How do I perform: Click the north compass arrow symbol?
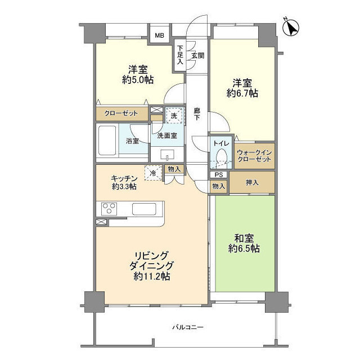[x=292, y=26]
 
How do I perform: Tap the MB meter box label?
[x=160, y=36]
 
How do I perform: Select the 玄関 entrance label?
[x=197, y=56]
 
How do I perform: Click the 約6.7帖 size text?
[x=242, y=93]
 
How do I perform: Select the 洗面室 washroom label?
[x=167, y=136]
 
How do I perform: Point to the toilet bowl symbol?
[x=221, y=157]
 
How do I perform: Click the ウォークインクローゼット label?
[x=255, y=156]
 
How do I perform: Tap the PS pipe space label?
[x=218, y=174]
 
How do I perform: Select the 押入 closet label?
[x=252, y=182]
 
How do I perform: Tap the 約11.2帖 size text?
[x=152, y=276]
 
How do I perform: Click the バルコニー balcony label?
[x=187, y=327]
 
